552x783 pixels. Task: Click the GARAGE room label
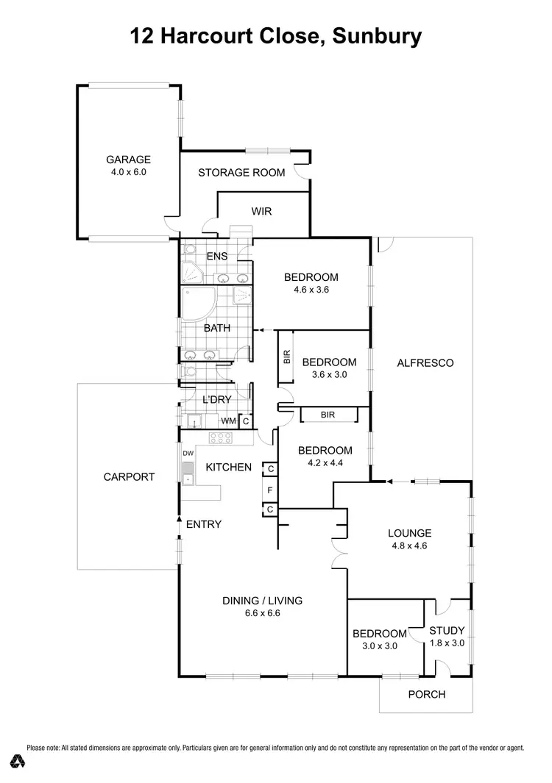point(128,160)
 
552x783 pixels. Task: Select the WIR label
point(261,212)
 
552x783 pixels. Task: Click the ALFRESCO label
point(425,362)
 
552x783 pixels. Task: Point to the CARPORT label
point(129,476)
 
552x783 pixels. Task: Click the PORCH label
point(427,694)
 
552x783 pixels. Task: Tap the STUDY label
point(447,630)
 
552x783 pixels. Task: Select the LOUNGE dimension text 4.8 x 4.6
point(411,546)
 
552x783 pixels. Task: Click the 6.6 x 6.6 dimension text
point(263,612)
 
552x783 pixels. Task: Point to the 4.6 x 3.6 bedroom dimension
point(311,290)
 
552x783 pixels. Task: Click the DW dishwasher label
point(188,453)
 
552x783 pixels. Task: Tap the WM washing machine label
point(230,421)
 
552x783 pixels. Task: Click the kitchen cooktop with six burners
point(221,437)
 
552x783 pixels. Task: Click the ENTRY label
point(204,524)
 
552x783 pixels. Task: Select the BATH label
point(216,328)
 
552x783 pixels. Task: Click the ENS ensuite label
point(216,257)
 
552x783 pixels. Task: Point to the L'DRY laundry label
point(216,400)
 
